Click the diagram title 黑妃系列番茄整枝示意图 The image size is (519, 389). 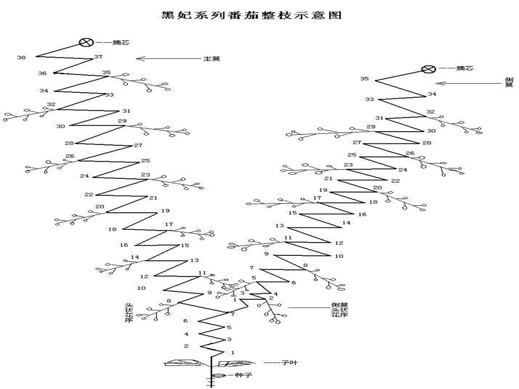pos(251,15)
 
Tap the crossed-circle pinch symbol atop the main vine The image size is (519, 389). pos(86,43)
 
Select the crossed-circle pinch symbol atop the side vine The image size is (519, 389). pos(429,69)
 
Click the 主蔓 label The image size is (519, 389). pos(212,59)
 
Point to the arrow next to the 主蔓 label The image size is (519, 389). pos(167,59)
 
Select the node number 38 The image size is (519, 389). pos(21,58)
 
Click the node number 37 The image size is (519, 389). pos(98,57)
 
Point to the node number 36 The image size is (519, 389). pos(43,73)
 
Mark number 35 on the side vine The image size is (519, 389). pos(364,79)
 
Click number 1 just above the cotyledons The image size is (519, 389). pos(233,352)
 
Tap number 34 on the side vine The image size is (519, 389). pos(432,94)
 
